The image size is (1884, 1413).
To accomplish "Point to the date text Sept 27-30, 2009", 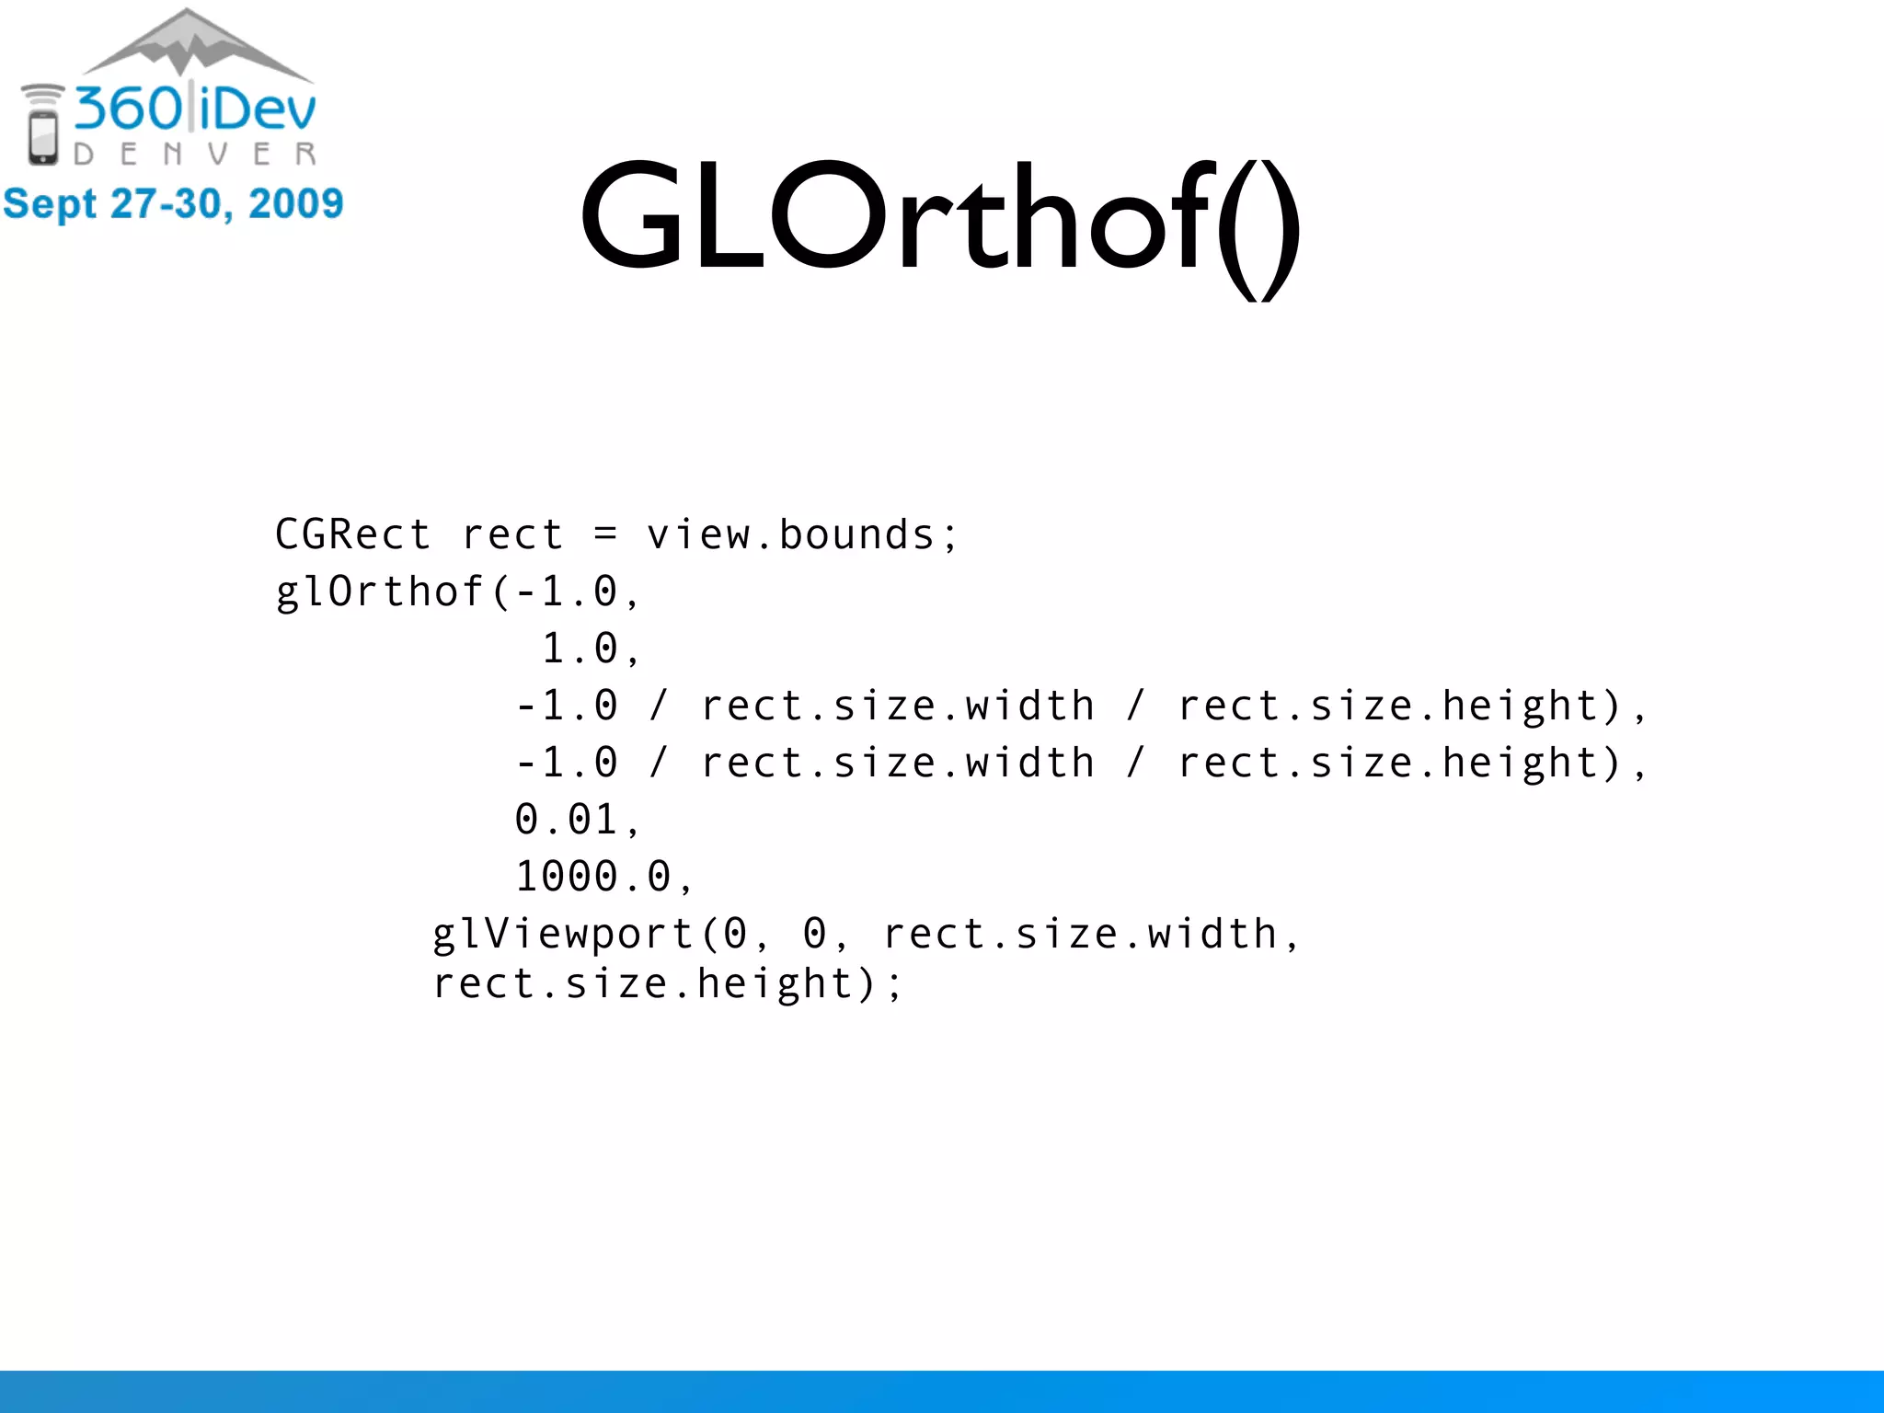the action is (x=173, y=203).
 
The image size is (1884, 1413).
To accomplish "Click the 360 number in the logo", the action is (x=129, y=109).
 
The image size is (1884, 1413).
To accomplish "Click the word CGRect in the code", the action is (x=352, y=534).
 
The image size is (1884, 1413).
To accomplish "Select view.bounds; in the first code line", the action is (x=802, y=534).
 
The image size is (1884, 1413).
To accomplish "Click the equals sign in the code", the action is (x=604, y=534).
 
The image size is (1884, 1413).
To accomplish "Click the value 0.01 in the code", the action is (x=567, y=820).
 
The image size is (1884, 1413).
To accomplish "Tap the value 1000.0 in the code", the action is (x=593, y=877).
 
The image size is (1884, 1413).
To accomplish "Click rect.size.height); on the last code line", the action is (x=668, y=984).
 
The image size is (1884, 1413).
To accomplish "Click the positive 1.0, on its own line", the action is (x=589, y=649).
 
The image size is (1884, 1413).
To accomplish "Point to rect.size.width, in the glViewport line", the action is (x=1090, y=935).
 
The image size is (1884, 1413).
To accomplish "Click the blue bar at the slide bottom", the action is (x=942, y=1391).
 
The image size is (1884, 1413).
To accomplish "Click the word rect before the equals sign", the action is (x=512, y=534).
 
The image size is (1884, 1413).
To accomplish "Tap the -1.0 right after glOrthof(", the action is (x=566, y=592).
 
